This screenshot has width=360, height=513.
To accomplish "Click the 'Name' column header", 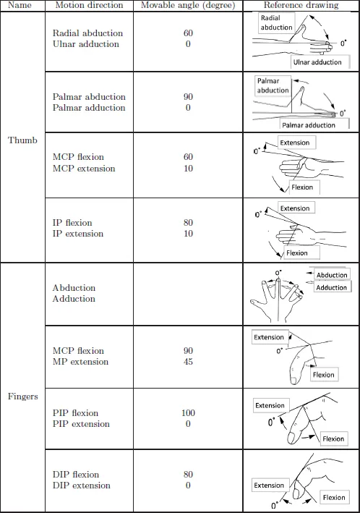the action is [x=20, y=5].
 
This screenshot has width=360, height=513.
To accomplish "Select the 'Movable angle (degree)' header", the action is [x=188, y=5].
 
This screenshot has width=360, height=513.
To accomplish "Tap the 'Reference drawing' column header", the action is [x=301, y=5].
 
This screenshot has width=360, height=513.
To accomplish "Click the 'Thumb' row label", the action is [x=22, y=140].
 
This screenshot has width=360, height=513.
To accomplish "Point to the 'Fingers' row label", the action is [x=23, y=397].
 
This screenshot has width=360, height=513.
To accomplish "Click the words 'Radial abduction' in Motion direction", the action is [x=87, y=33].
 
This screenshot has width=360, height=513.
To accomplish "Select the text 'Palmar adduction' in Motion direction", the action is [x=89, y=108].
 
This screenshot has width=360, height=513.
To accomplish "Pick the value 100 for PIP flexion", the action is [x=189, y=413].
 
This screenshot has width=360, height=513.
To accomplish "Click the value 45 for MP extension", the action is [x=188, y=362].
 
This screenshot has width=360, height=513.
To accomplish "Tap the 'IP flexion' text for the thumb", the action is [x=72, y=223].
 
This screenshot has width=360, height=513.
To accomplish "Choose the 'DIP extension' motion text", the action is [x=82, y=486].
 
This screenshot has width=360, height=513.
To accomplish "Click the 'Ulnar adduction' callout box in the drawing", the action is [x=320, y=62].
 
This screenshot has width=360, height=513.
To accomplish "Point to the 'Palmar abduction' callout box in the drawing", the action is [x=273, y=85].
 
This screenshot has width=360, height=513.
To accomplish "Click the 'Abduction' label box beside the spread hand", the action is [x=332, y=274].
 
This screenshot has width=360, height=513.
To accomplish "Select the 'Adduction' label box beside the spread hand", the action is [x=332, y=287].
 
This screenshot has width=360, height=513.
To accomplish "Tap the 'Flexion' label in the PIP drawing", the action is [x=333, y=438].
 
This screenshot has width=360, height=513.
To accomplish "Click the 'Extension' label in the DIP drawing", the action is [x=269, y=486].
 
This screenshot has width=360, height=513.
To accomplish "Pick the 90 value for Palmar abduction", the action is [x=188, y=97].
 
